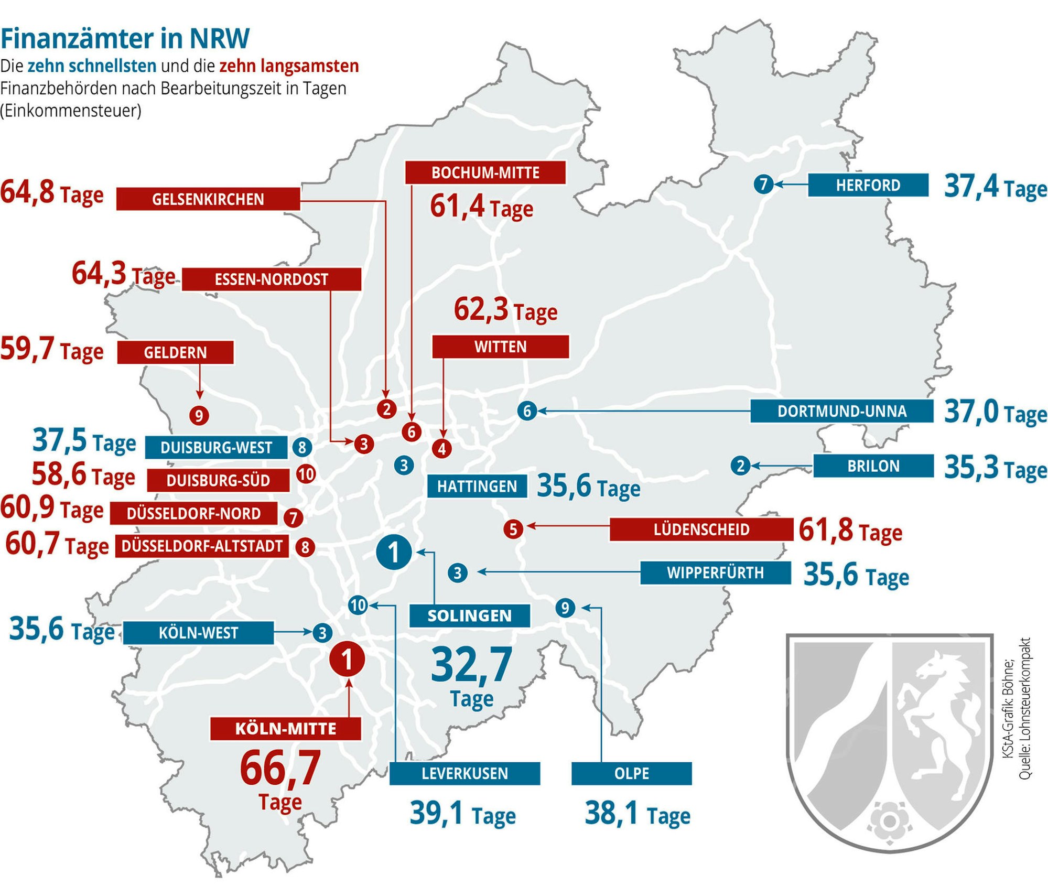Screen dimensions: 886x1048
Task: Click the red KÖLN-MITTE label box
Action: [285, 729]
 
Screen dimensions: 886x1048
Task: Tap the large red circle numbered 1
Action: [347, 659]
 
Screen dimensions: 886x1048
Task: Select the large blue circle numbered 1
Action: [394, 552]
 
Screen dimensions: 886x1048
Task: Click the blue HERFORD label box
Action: [868, 185]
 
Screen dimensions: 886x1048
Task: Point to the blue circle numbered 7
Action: [763, 184]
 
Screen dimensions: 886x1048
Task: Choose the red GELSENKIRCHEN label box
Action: [208, 199]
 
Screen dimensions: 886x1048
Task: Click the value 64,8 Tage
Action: [51, 192]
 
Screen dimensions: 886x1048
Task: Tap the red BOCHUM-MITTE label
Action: [485, 172]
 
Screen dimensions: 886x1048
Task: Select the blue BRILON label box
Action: [873, 466]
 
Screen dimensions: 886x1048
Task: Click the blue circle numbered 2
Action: [740, 466]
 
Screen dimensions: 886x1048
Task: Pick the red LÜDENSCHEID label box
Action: [701, 529]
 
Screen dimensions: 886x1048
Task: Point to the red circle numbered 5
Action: [513, 529]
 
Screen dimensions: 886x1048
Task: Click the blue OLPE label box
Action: [631, 773]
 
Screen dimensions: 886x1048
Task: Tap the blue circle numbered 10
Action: [358, 606]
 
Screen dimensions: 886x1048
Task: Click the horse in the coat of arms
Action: [938, 713]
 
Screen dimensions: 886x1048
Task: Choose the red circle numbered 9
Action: [199, 416]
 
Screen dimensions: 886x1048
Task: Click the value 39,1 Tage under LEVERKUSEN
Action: [462, 814]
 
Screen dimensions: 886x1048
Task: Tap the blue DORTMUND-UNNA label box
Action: [841, 411]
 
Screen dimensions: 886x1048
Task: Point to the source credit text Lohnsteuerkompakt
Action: [1024, 708]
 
